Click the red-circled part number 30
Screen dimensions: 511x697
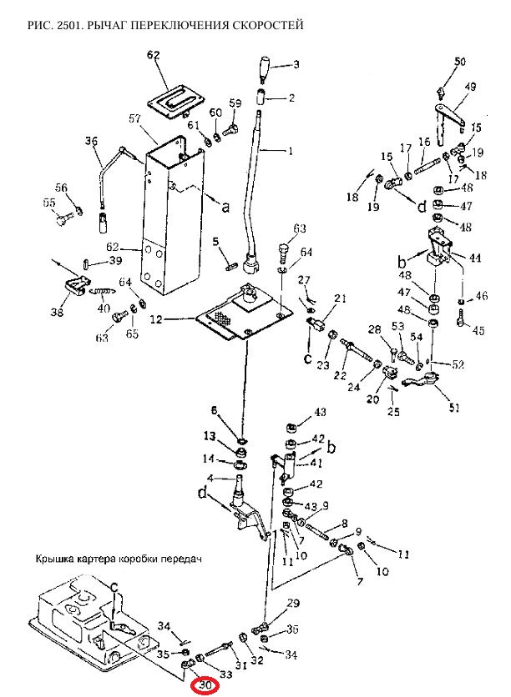pos(205,685)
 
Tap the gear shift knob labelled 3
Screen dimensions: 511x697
pos(265,68)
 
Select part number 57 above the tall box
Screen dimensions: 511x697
pos(135,118)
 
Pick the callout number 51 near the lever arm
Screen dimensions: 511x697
pos(453,407)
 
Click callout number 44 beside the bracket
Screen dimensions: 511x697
pos(475,257)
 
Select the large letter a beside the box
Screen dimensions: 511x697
pos(225,206)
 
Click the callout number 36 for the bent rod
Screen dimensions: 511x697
pos(92,142)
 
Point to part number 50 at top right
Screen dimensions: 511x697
pos(459,61)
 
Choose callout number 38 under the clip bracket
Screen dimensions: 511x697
pos(57,312)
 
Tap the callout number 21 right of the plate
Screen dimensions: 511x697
pos(340,298)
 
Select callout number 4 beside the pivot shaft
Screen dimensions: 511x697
pos(210,479)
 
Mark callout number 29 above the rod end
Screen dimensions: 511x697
pos(293,604)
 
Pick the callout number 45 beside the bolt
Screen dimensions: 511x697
pos(478,330)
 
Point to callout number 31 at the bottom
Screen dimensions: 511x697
pos(240,665)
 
